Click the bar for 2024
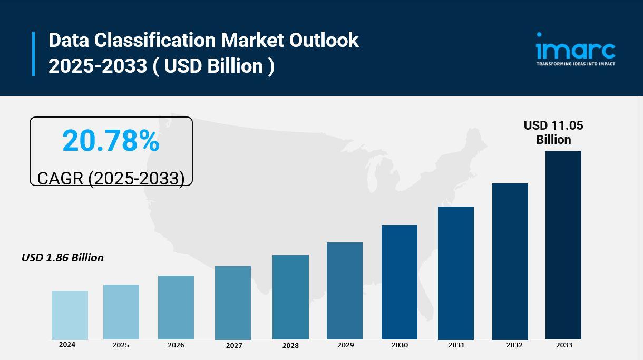[70, 315]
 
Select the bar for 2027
[233, 303]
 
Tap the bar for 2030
[400, 282]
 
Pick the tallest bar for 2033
[563, 245]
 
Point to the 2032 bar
[510, 261]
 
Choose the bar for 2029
[345, 291]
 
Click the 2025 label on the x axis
[121, 345]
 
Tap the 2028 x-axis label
[290, 346]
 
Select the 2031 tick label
[456, 345]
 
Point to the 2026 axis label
[176, 345]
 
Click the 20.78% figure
[111, 141]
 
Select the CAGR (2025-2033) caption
[111, 178]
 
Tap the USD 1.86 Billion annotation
[63, 258]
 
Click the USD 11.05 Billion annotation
[553, 132]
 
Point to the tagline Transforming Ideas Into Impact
[576, 64]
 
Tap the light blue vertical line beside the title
[34, 53]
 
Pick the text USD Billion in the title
[213, 66]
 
